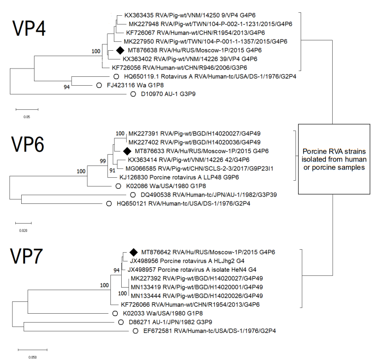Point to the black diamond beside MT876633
pyautogui.click(x=127, y=151)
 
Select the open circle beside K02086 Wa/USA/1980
pyautogui.click(x=118, y=187)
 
